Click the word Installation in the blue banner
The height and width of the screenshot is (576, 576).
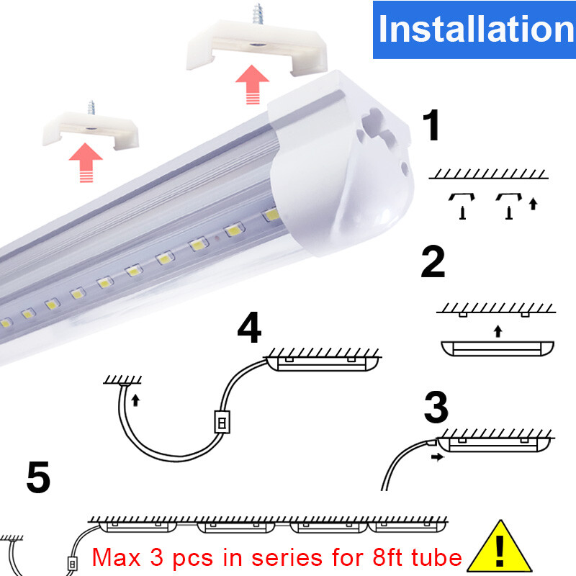tap(475, 29)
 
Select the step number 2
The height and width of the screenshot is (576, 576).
tap(433, 263)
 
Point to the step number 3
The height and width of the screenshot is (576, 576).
tap(436, 408)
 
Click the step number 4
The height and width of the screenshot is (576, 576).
tap(249, 328)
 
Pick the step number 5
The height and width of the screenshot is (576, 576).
tap(38, 478)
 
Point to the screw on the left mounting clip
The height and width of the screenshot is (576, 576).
tap(91, 108)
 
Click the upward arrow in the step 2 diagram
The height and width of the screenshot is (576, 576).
tap(498, 331)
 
